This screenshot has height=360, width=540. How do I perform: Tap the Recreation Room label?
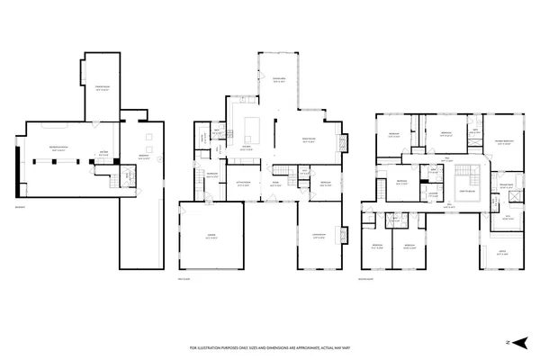point(62,148)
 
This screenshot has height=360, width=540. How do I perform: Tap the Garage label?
point(211,237)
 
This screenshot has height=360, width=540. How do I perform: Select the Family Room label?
point(307,139)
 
